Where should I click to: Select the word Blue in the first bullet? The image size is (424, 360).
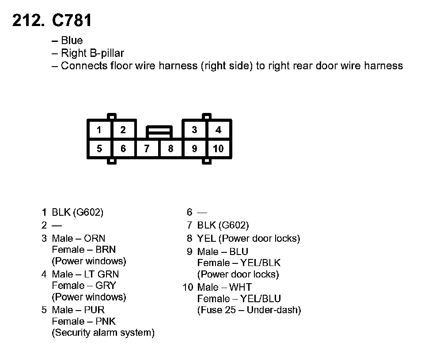[x=72, y=41]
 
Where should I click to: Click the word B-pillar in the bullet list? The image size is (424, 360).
[x=105, y=53]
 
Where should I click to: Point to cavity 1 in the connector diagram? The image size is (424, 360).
[x=99, y=130]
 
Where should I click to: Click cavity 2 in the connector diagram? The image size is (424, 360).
[x=123, y=130]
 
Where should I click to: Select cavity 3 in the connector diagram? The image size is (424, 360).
[x=194, y=130]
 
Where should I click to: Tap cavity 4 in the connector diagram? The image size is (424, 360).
[x=218, y=130]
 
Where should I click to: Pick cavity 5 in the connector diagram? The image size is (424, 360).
[x=99, y=149]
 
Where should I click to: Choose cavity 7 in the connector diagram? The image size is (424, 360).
[x=147, y=149]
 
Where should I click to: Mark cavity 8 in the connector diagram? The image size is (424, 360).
[x=171, y=149]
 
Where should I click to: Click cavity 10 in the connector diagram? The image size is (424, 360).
[x=218, y=149]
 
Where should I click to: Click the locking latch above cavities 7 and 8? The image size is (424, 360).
[x=159, y=131]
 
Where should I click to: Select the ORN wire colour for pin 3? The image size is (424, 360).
[x=95, y=239]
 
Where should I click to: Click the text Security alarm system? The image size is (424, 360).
[x=103, y=333]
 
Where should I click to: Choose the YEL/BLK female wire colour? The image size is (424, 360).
[x=261, y=263]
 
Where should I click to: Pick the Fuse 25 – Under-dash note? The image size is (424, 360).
[x=249, y=310]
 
